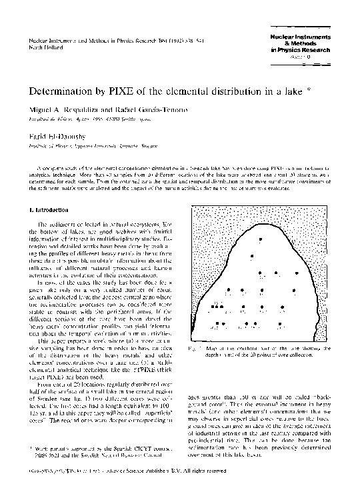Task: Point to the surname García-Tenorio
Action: (167, 108)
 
